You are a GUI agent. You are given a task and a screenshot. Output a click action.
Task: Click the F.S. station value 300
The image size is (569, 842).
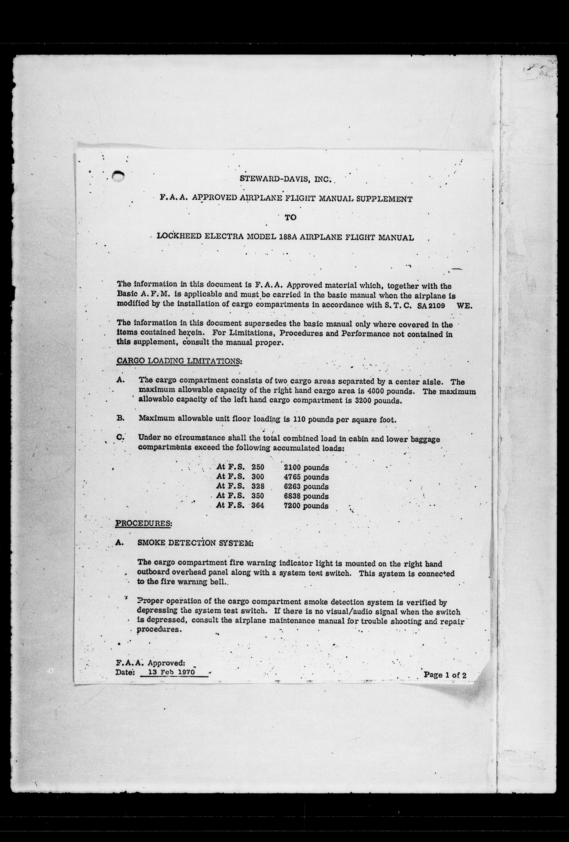pyautogui.click(x=258, y=477)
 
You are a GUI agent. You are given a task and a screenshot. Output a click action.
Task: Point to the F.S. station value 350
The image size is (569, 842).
pyautogui.click(x=258, y=496)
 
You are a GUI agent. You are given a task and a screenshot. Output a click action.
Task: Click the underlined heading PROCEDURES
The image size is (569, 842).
pyautogui.click(x=144, y=523)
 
